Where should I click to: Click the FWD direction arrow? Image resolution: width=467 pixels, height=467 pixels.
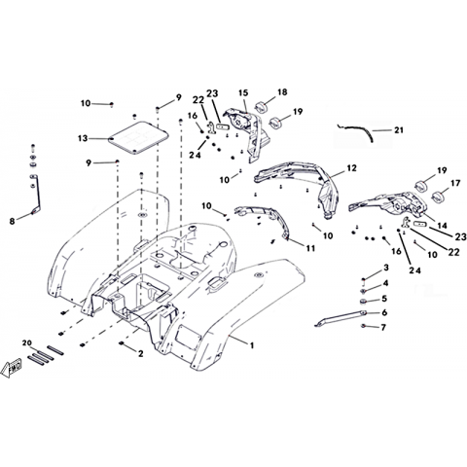pyautogui.click(x=11, y=368)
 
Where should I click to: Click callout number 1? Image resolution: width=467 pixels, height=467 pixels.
pyautogui.click(x=252, y=345)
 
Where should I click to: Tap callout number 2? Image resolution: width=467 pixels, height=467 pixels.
pyautogui.click(x=140, y=353)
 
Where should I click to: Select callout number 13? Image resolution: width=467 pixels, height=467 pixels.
pyautogui.click(x=83, y=138)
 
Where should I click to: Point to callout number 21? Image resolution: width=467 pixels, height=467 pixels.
pyautogui.click(x=399, y=130)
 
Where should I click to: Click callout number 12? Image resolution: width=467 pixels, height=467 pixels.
pyautogui.click(x=351, y=168)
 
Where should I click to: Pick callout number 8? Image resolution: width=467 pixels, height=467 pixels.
pyautogui.click(x=12, y=222)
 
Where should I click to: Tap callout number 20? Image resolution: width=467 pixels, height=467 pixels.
pyautogui.click(x=27, y=343)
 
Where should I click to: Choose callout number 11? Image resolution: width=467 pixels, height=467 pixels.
pyautogui.click(x=310, y=248)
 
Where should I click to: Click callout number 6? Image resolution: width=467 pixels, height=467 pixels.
pyautogui.click(x=384, y=312)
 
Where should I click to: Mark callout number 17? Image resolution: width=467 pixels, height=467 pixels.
pyautogui.click(x=455, y=184)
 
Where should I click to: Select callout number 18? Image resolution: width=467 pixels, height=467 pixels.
pyautogui.click(x=282, y=92)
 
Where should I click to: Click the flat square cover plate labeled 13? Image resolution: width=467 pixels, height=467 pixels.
pyautogui.click(x=138, y=137)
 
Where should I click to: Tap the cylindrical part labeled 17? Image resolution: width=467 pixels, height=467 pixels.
pyautogui.click(x=438, y=197)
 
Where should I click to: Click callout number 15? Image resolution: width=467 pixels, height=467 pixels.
pyautogui.click(x=243, y=93)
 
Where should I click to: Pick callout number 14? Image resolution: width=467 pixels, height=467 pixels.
pyautogui.click(x=442, y=226)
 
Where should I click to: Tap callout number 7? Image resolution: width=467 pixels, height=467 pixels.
pyautogui.click(x=383, y=328)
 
